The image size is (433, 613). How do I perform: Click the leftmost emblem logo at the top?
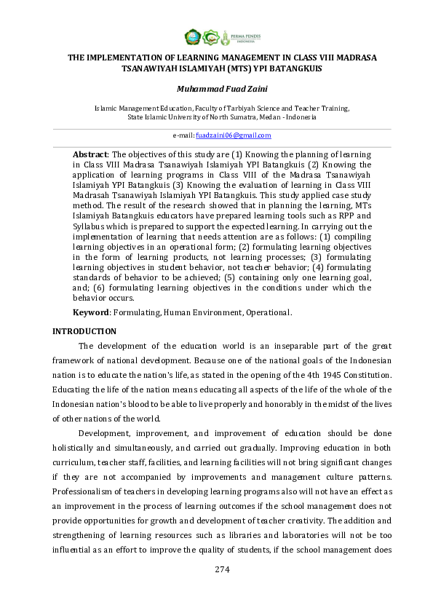pyautogui.click(x=192, y=36)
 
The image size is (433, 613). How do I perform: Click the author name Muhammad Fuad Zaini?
pyautogui.click(x=216, y=89)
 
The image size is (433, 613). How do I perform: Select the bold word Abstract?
pyautogui.click(x=90, y=155)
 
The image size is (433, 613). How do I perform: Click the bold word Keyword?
pyautogui.click(x=90, y=312)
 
